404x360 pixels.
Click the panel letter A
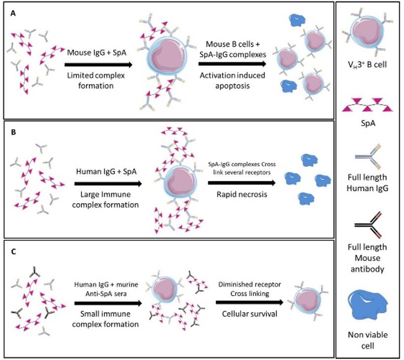tap(13, 14)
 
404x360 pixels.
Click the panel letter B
tap(13, 132)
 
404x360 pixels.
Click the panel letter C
tap(13, 250)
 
